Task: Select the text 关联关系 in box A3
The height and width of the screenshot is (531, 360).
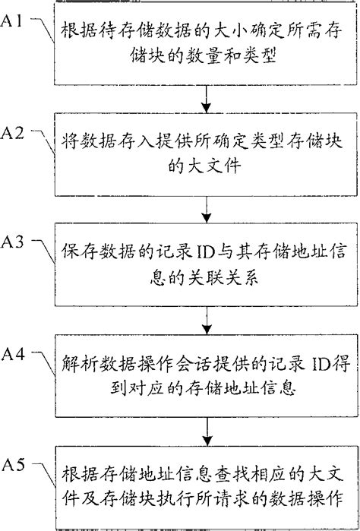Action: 228,278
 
